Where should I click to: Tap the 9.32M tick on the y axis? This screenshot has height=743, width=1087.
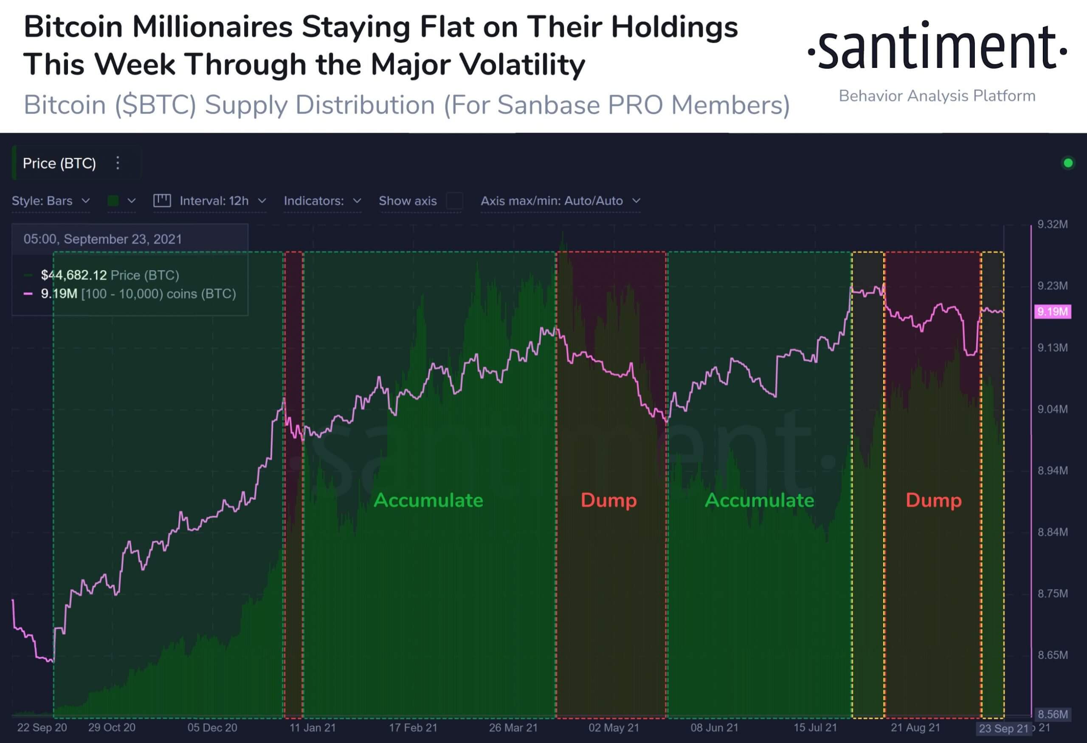1052,225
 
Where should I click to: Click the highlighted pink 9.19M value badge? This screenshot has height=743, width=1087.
1052,311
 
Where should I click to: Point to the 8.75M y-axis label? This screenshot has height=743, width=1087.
1052,594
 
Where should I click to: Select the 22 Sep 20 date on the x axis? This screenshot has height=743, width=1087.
42,728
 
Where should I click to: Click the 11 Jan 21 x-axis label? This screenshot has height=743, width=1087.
313,728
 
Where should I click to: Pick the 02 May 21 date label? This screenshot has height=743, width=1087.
614,728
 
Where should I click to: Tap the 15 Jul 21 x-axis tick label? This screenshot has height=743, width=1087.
815,728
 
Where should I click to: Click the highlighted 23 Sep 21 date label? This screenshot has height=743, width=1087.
1003,729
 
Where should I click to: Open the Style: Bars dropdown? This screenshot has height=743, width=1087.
51,201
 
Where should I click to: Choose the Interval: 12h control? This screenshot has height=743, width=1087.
214,201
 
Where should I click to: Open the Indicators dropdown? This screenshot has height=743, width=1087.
322,201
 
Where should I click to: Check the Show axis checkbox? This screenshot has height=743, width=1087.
454,201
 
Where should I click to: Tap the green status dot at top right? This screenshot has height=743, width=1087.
1068,163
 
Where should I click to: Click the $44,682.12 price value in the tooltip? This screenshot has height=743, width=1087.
74,275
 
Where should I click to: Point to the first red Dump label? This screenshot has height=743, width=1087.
608,500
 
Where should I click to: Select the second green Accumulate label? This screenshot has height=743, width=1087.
759,500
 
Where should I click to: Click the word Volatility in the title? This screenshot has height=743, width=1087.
522,65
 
